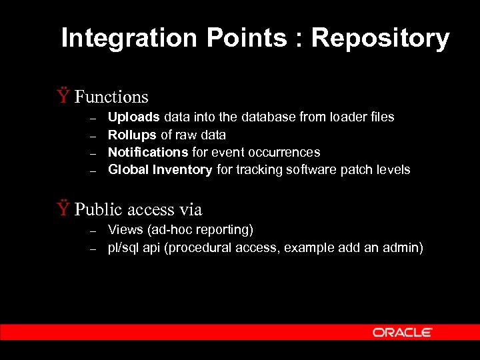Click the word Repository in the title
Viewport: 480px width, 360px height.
381,39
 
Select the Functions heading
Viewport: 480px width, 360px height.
111,97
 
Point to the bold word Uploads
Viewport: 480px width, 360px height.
133,117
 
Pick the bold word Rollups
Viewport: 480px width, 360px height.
132,135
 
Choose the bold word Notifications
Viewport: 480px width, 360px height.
148,152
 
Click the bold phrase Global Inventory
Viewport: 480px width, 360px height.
160,169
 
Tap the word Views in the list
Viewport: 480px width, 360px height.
124,230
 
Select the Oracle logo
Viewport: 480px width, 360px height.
403,332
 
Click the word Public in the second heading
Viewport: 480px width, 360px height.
94,210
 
